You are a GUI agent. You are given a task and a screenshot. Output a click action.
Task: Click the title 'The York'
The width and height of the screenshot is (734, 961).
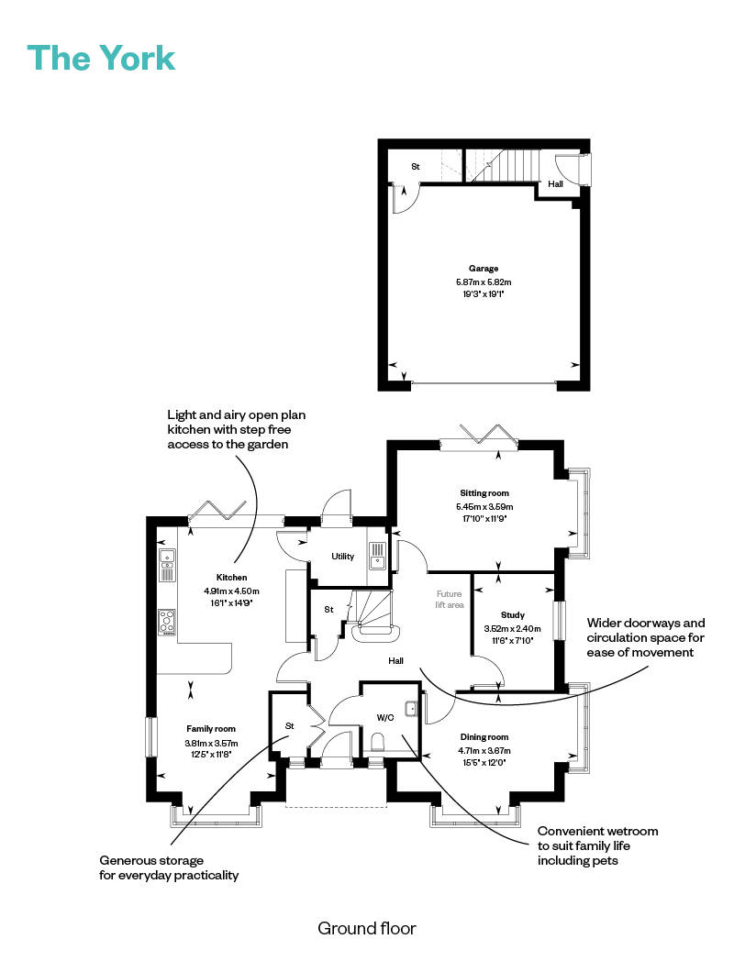(x=101, y=58)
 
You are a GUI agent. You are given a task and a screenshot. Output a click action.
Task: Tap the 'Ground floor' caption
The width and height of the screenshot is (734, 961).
(x=366, y=928)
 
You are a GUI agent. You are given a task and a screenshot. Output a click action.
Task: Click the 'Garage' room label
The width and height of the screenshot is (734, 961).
(x=484, y=269)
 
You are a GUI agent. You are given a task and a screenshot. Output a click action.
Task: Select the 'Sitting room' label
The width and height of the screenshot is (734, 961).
(x=484, y=492)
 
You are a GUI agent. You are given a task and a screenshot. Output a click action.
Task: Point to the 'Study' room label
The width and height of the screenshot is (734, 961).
(x=512, y=614)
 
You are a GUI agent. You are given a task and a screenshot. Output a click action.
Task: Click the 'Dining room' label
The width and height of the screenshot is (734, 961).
(x=483, y=737)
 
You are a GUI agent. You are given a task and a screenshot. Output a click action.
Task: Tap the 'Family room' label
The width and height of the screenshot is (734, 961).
(x=212, y=729)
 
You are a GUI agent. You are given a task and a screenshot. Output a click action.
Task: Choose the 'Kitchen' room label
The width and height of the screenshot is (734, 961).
(x=231, y=578)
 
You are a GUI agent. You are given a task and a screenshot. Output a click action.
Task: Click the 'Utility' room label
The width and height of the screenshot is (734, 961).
(x=343, y=557)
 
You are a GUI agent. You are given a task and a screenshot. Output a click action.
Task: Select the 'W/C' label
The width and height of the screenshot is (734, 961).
(x=385, y=717)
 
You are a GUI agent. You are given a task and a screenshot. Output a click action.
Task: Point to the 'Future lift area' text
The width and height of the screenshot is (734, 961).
(x=450, y=600)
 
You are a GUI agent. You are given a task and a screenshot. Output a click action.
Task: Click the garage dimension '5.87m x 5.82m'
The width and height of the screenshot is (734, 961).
(x=484, y=282)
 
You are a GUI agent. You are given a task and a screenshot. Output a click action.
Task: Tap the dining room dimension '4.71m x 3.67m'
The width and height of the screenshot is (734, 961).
(x=483, y=750)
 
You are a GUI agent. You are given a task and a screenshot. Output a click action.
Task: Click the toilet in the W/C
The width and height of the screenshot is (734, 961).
(x=379, y=741)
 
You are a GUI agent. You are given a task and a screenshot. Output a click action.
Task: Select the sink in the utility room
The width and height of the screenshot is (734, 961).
(x=377, y=555)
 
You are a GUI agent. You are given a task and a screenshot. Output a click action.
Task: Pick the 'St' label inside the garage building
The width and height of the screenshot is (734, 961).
(x=415, y=167)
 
